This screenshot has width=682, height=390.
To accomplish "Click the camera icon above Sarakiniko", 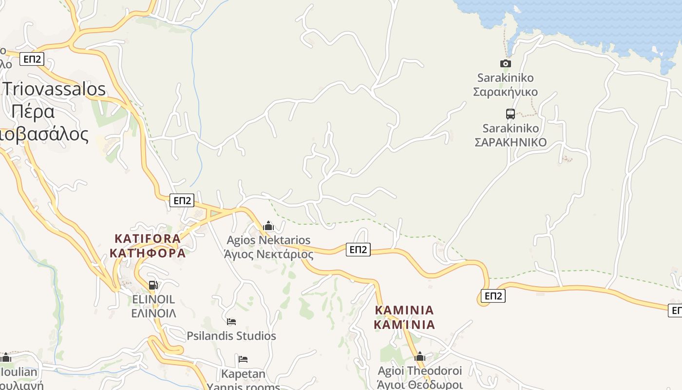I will [x=506, y=63].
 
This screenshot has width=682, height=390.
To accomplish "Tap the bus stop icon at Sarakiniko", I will [x=510, y=114].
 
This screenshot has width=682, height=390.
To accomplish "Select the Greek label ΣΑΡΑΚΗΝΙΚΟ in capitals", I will [x=511, y=142].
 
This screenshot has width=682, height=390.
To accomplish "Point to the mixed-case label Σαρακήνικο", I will [x=506, y=92].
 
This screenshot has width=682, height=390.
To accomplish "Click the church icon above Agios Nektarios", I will [x=268, y=226].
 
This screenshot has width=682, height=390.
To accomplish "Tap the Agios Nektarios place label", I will [x=268, y=240].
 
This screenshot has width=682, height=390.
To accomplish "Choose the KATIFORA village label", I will [x=148, y=239].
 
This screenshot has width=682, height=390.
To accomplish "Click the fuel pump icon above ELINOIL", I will [x=153, y=285].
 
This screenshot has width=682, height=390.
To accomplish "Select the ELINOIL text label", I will [x=153, y=299].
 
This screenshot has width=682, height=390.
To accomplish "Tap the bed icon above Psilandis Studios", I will [x=231, y=322].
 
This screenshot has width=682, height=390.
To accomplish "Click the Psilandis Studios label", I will [x=231, y=336].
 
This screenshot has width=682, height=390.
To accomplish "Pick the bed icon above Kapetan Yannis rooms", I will [x=243, y=360].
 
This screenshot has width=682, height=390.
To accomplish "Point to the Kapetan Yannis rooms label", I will [x=244, y=374].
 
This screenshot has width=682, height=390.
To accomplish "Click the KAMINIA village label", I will [x=404, y=310].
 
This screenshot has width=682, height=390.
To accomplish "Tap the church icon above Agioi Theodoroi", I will [x=419, y=357].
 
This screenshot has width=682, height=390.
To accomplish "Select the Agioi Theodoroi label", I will [x=420, y=371].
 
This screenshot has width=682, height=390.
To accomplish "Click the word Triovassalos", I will [x=55, y=89].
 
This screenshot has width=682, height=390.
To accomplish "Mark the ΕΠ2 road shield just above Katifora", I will [x=182, y=200].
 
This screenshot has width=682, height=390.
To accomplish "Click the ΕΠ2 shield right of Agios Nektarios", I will [x=358, y=250].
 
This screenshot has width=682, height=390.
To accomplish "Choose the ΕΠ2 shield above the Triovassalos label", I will [x=32, y=59].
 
